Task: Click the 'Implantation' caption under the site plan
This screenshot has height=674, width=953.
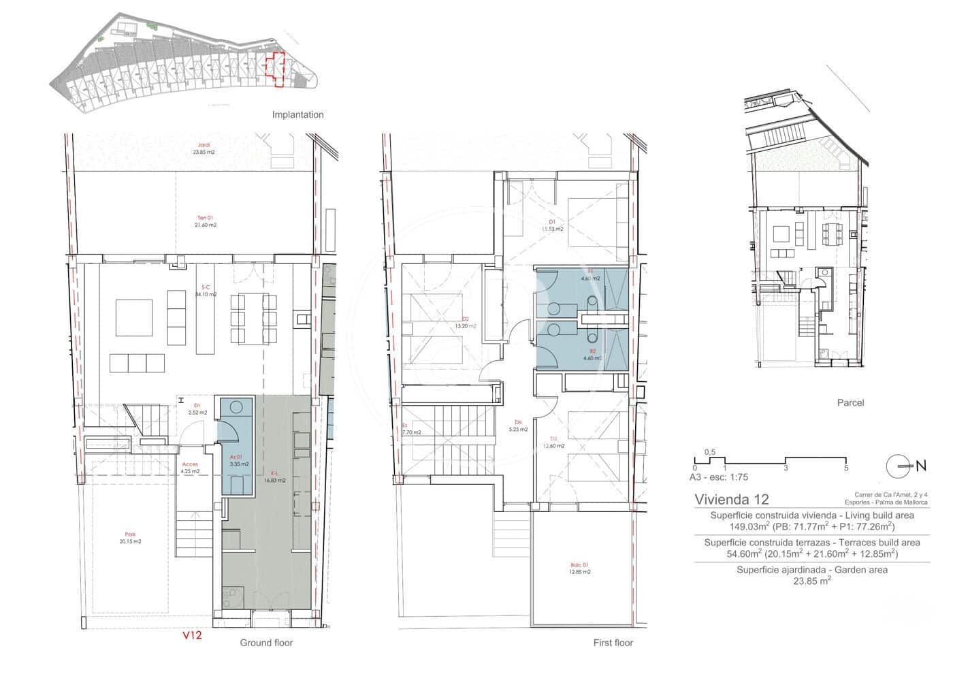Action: (297, 114)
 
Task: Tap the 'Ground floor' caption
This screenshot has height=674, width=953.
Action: (265, 643)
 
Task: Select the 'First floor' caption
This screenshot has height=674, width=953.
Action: (613, 643)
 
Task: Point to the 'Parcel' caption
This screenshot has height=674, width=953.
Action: (850, 402)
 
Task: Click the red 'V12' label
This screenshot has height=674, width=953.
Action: (191, 635)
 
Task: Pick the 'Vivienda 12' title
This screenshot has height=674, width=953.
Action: (732, 499)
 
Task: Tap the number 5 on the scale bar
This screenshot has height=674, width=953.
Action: (845, 468)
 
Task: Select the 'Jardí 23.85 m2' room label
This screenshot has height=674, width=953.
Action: (203, 148)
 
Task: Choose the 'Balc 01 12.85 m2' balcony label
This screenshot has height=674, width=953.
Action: (581, 568)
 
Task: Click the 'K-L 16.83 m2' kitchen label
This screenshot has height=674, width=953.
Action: (274, 477)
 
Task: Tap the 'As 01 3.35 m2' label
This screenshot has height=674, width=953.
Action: (238, 460)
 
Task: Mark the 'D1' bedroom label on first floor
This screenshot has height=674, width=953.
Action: (553, 222)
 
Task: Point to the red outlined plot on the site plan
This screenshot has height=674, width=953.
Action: (275, 69)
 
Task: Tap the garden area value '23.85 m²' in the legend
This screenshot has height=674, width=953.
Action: (811, 581)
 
